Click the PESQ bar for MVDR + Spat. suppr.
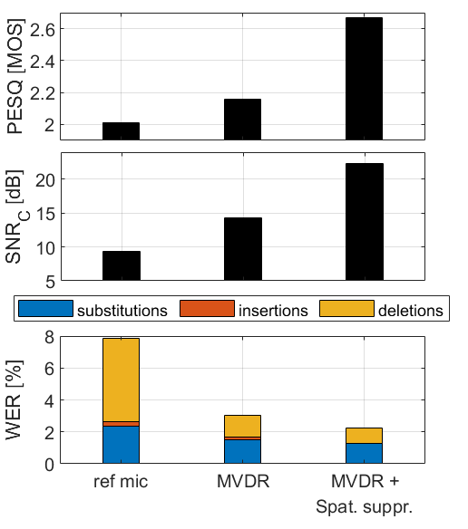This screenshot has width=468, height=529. point(364,79)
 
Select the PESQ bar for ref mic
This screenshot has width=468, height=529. point(121,130)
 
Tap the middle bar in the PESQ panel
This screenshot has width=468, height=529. point(242,119)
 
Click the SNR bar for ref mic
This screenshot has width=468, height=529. point(121,266)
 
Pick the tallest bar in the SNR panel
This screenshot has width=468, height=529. point(364,223)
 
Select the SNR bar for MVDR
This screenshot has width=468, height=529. point(242,250)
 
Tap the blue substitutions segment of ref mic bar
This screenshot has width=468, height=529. point(121,445)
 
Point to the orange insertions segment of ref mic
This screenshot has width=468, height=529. point(121,423)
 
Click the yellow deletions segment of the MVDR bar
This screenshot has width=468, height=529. point(242,426)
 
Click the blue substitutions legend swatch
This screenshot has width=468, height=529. point(44,310)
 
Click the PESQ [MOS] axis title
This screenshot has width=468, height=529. point(15,77)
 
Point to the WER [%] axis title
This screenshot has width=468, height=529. point(15,399)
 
